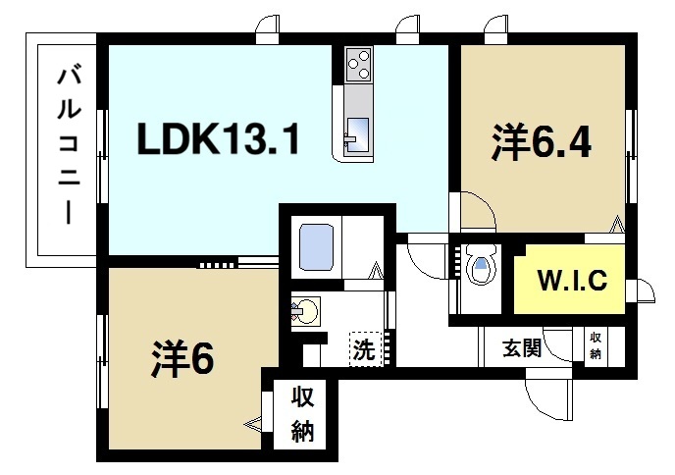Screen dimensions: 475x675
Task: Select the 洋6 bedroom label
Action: pyautogui.click(x=182, y=359)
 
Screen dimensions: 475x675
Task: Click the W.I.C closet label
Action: pyautogui.click(x=573, y=280)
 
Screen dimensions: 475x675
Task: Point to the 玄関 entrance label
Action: pyautogui.click(x=524, y=347)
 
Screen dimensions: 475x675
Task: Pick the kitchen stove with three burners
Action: pyautogui.click(x=358, y=64)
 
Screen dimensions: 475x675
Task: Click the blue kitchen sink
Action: pyautogui.click(x=358, y=131)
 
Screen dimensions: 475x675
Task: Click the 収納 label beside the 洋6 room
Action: pyautogui.click(x=302, y=413)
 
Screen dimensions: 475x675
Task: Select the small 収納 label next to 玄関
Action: pyautogui.click(x=596, y=346)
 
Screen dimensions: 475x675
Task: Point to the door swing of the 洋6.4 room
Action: pyautogui.click(x=476, y=211)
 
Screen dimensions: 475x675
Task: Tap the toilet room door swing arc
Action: pyautogui.click(x=424, y=257)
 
